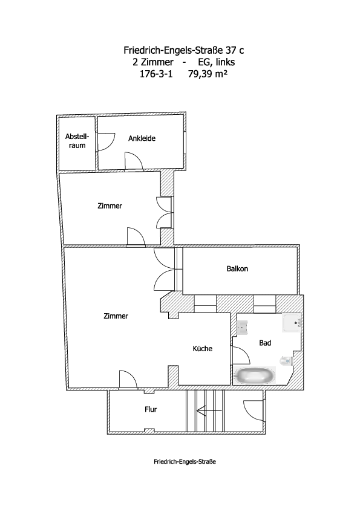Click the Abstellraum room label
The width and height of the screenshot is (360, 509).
[77, 141]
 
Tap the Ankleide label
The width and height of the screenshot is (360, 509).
[142, 138]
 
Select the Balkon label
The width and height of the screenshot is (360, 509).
[237, 269]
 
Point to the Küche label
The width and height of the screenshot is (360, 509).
[203, 348]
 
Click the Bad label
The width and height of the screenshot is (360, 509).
[265, 343]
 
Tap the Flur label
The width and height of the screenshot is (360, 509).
[151, 409]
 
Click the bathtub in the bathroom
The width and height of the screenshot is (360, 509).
[255, 375]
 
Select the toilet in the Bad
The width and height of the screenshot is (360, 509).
[286, 361]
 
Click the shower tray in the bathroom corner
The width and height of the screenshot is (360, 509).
[292, 323]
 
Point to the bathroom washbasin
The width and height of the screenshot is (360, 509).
[242, 327]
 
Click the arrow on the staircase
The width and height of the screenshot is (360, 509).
[209, 411]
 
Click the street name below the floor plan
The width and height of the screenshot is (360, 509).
[185, 462]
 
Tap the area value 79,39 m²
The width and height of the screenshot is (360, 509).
[208, 74]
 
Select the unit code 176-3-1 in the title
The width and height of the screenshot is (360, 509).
[156, 74]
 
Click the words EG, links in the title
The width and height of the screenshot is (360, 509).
[217, 62]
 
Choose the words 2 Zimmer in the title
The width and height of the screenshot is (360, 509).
[153, 62]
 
